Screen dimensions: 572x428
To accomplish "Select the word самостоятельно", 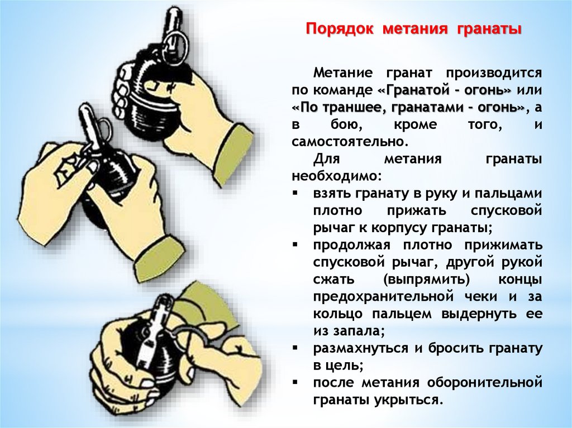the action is click(x=349, y=141).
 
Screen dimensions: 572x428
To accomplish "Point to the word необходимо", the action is click(x=336, y=176).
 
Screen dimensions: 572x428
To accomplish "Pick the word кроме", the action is click(x=415, y=125).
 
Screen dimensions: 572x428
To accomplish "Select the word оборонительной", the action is click(x=484, y=383).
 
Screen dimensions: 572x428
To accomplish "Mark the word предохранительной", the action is click(x=383, y=297).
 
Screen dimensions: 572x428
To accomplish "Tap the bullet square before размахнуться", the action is click(x=295, y=348).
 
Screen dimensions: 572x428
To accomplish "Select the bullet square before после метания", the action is click(x=295, y=382).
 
